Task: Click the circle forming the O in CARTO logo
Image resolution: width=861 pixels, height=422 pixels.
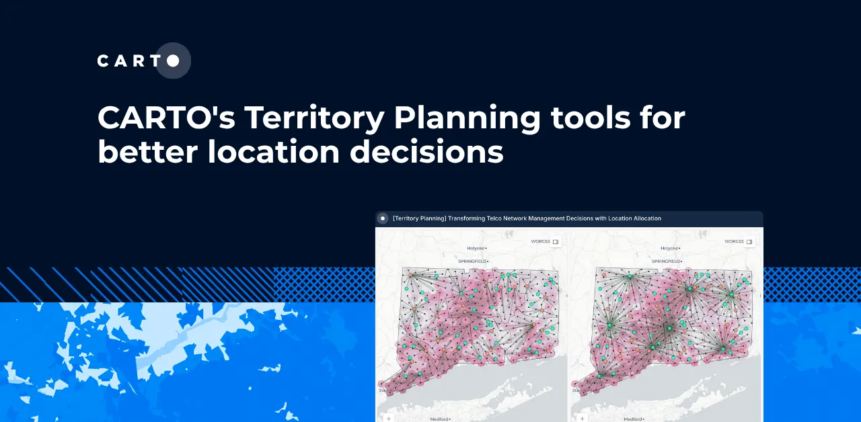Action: [x=173, y=61]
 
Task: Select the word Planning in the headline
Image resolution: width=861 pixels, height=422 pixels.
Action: [x=467, y=118]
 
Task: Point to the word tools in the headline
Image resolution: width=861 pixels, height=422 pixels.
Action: [x=591, y=118]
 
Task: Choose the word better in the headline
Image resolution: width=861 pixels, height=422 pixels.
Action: [x=147, y=153]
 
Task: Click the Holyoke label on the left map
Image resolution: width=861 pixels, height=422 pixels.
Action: [x=476, y=248]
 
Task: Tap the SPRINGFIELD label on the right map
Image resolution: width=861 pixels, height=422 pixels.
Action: [x=667, y=261]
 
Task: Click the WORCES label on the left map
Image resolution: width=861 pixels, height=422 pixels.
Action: [x=540, y=241]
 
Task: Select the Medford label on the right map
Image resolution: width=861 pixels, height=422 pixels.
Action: [x=634, y=419]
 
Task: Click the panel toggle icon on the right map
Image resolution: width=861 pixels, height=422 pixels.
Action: [x=749, y=241]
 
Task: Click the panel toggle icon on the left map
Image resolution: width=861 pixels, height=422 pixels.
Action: [x=556, y=241]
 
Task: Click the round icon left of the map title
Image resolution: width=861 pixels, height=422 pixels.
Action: [x=383, y=218]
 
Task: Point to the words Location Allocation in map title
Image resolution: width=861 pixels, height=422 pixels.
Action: [x=632, y=218]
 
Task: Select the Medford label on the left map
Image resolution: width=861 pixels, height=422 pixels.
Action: [x=440, y=419]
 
